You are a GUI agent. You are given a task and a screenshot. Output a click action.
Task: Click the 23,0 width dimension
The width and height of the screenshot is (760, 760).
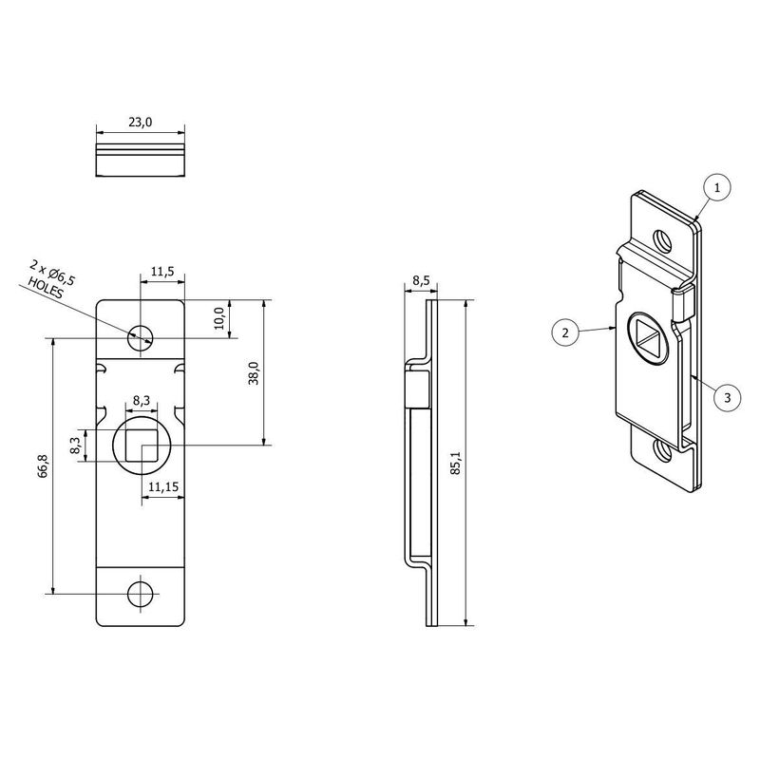[x=141, y=122]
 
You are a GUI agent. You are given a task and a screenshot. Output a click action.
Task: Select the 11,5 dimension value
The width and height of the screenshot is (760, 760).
[x=162, y=272]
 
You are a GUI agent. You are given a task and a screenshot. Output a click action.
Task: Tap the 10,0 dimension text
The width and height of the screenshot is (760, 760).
[x=218, y=318]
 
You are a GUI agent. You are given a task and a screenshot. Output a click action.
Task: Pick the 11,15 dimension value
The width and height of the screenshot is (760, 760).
[x=162, y=486]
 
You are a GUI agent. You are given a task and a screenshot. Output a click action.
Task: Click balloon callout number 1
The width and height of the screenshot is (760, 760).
[x=717, y=189]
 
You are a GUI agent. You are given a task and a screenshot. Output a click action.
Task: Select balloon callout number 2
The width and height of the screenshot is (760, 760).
[x=565, y=332]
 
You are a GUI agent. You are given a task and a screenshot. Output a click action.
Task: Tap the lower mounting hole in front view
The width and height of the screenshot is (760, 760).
[x=141, y=594]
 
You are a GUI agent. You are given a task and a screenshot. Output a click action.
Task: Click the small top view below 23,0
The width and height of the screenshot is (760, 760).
[x=141, y=160]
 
